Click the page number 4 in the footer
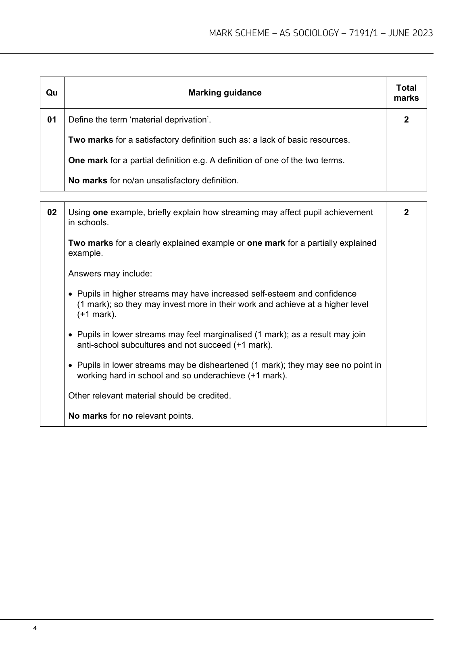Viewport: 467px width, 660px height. pos(35,628)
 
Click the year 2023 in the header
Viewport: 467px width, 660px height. pos(422,33)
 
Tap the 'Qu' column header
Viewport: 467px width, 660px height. pos(52,93)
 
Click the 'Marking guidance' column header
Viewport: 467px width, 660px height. pos(225,93)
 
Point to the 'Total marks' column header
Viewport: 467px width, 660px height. pos(406,93)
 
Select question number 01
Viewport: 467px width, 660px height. pos(52,120)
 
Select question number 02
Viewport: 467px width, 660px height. pos(52,212)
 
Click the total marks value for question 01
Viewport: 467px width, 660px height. pos(406,120)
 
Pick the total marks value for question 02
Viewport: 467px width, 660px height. pos(406,212)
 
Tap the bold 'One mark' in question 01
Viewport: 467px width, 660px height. pos(88,160)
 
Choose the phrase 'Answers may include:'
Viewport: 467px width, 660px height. pos(110,274)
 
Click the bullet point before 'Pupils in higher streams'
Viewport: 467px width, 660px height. pos(71,294)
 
